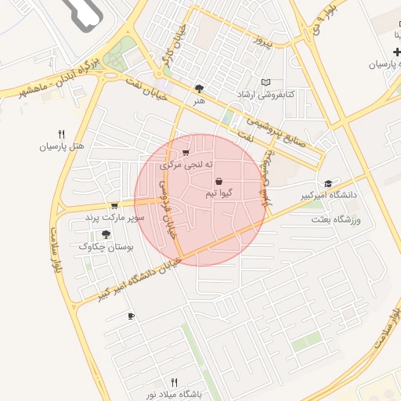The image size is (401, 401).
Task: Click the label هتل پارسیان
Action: point(60,146)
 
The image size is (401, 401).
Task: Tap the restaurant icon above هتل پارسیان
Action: point(61,134)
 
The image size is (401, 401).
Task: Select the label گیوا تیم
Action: point(217,193)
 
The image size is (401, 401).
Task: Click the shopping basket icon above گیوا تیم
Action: point(218,181)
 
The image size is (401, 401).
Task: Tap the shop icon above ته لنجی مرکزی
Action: point(185,154)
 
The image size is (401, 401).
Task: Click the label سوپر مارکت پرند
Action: point(115,218)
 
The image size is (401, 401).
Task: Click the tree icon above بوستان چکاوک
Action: point(106,234)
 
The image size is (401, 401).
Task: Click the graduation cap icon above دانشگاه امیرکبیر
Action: point(327,182)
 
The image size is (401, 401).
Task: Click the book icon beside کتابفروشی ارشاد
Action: point(266,82)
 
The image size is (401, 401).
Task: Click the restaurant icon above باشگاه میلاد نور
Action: point(174,381)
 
